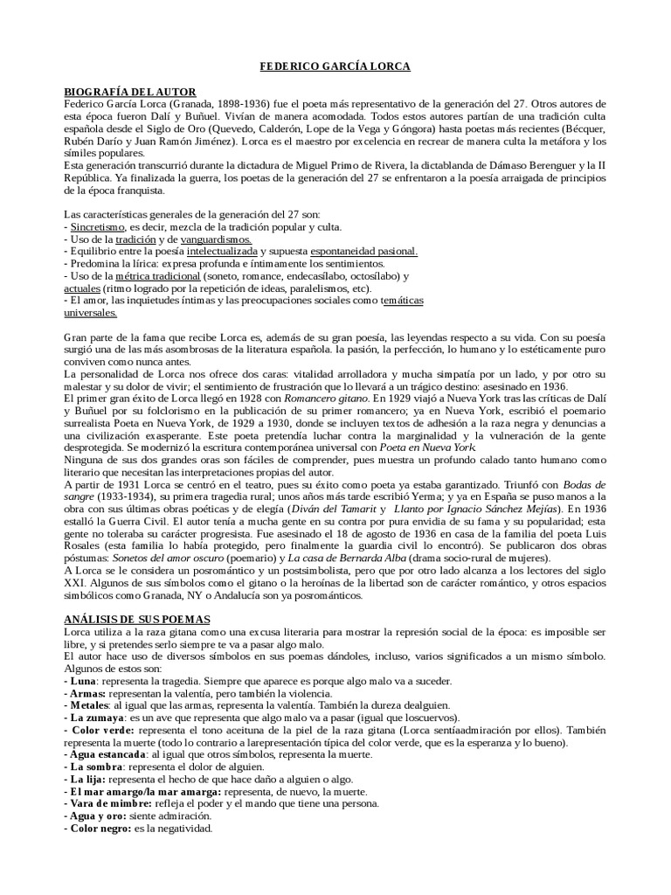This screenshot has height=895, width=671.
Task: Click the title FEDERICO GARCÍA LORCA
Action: (335, 66)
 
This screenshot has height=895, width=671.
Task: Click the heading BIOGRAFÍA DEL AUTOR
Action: (131, 92)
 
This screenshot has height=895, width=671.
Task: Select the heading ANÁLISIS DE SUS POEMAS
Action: (138, 619)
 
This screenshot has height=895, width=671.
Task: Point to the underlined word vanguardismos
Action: (217, 239)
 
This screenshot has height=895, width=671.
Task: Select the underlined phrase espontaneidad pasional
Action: (357, 251)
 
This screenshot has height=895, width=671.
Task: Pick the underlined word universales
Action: (91, 312)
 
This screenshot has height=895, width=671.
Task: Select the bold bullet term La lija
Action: (91, 779)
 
